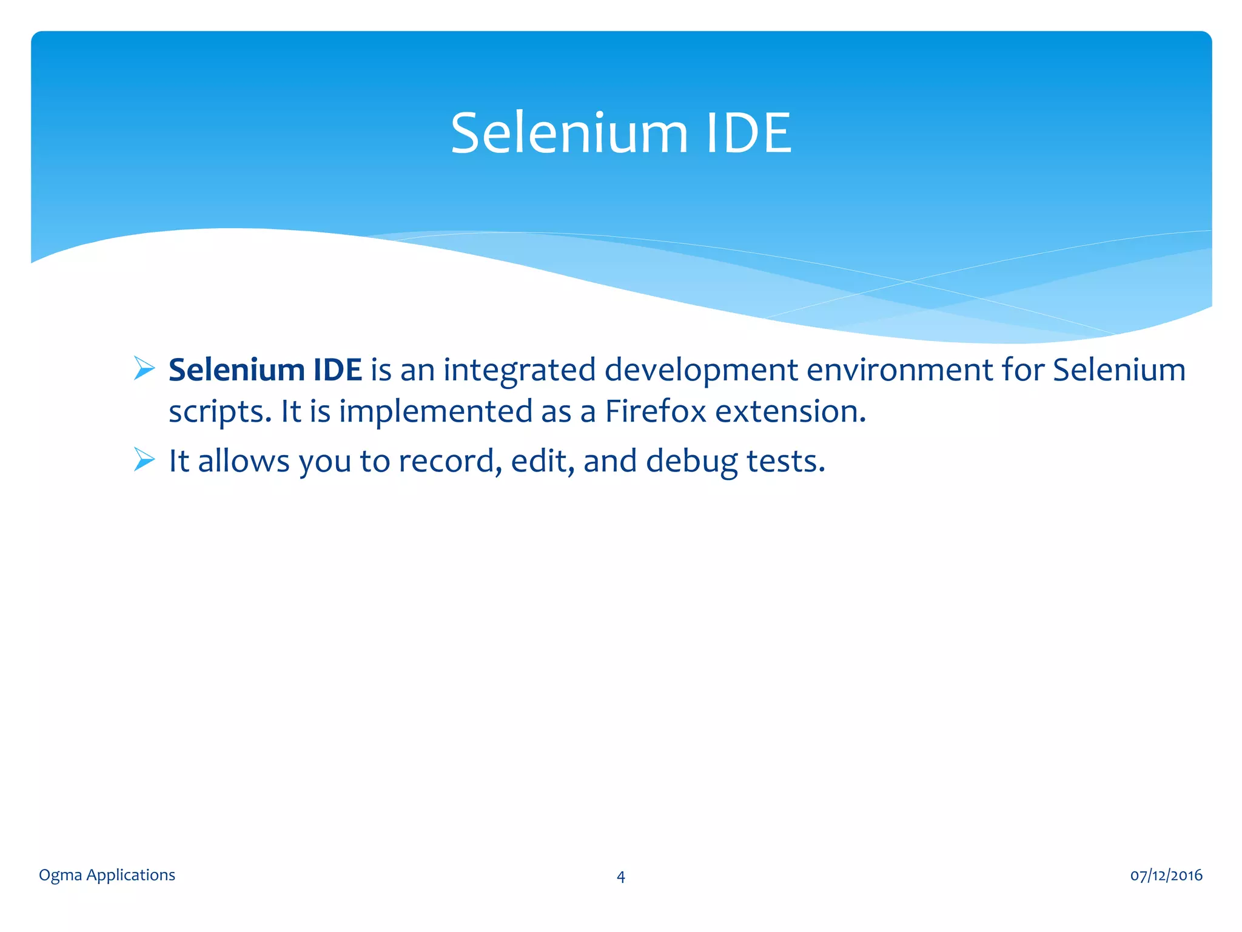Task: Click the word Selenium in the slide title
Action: pos(569,133)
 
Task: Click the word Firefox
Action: pos(656,411)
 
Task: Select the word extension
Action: pos(790,411)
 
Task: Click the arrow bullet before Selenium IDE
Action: pos(144,369)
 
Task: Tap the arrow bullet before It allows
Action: pos(144,459)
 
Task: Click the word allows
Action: pos(244,461)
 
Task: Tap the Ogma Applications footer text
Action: pos(107,875)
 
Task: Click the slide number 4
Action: pos(620,876)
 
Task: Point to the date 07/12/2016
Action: pos(1166,875)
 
